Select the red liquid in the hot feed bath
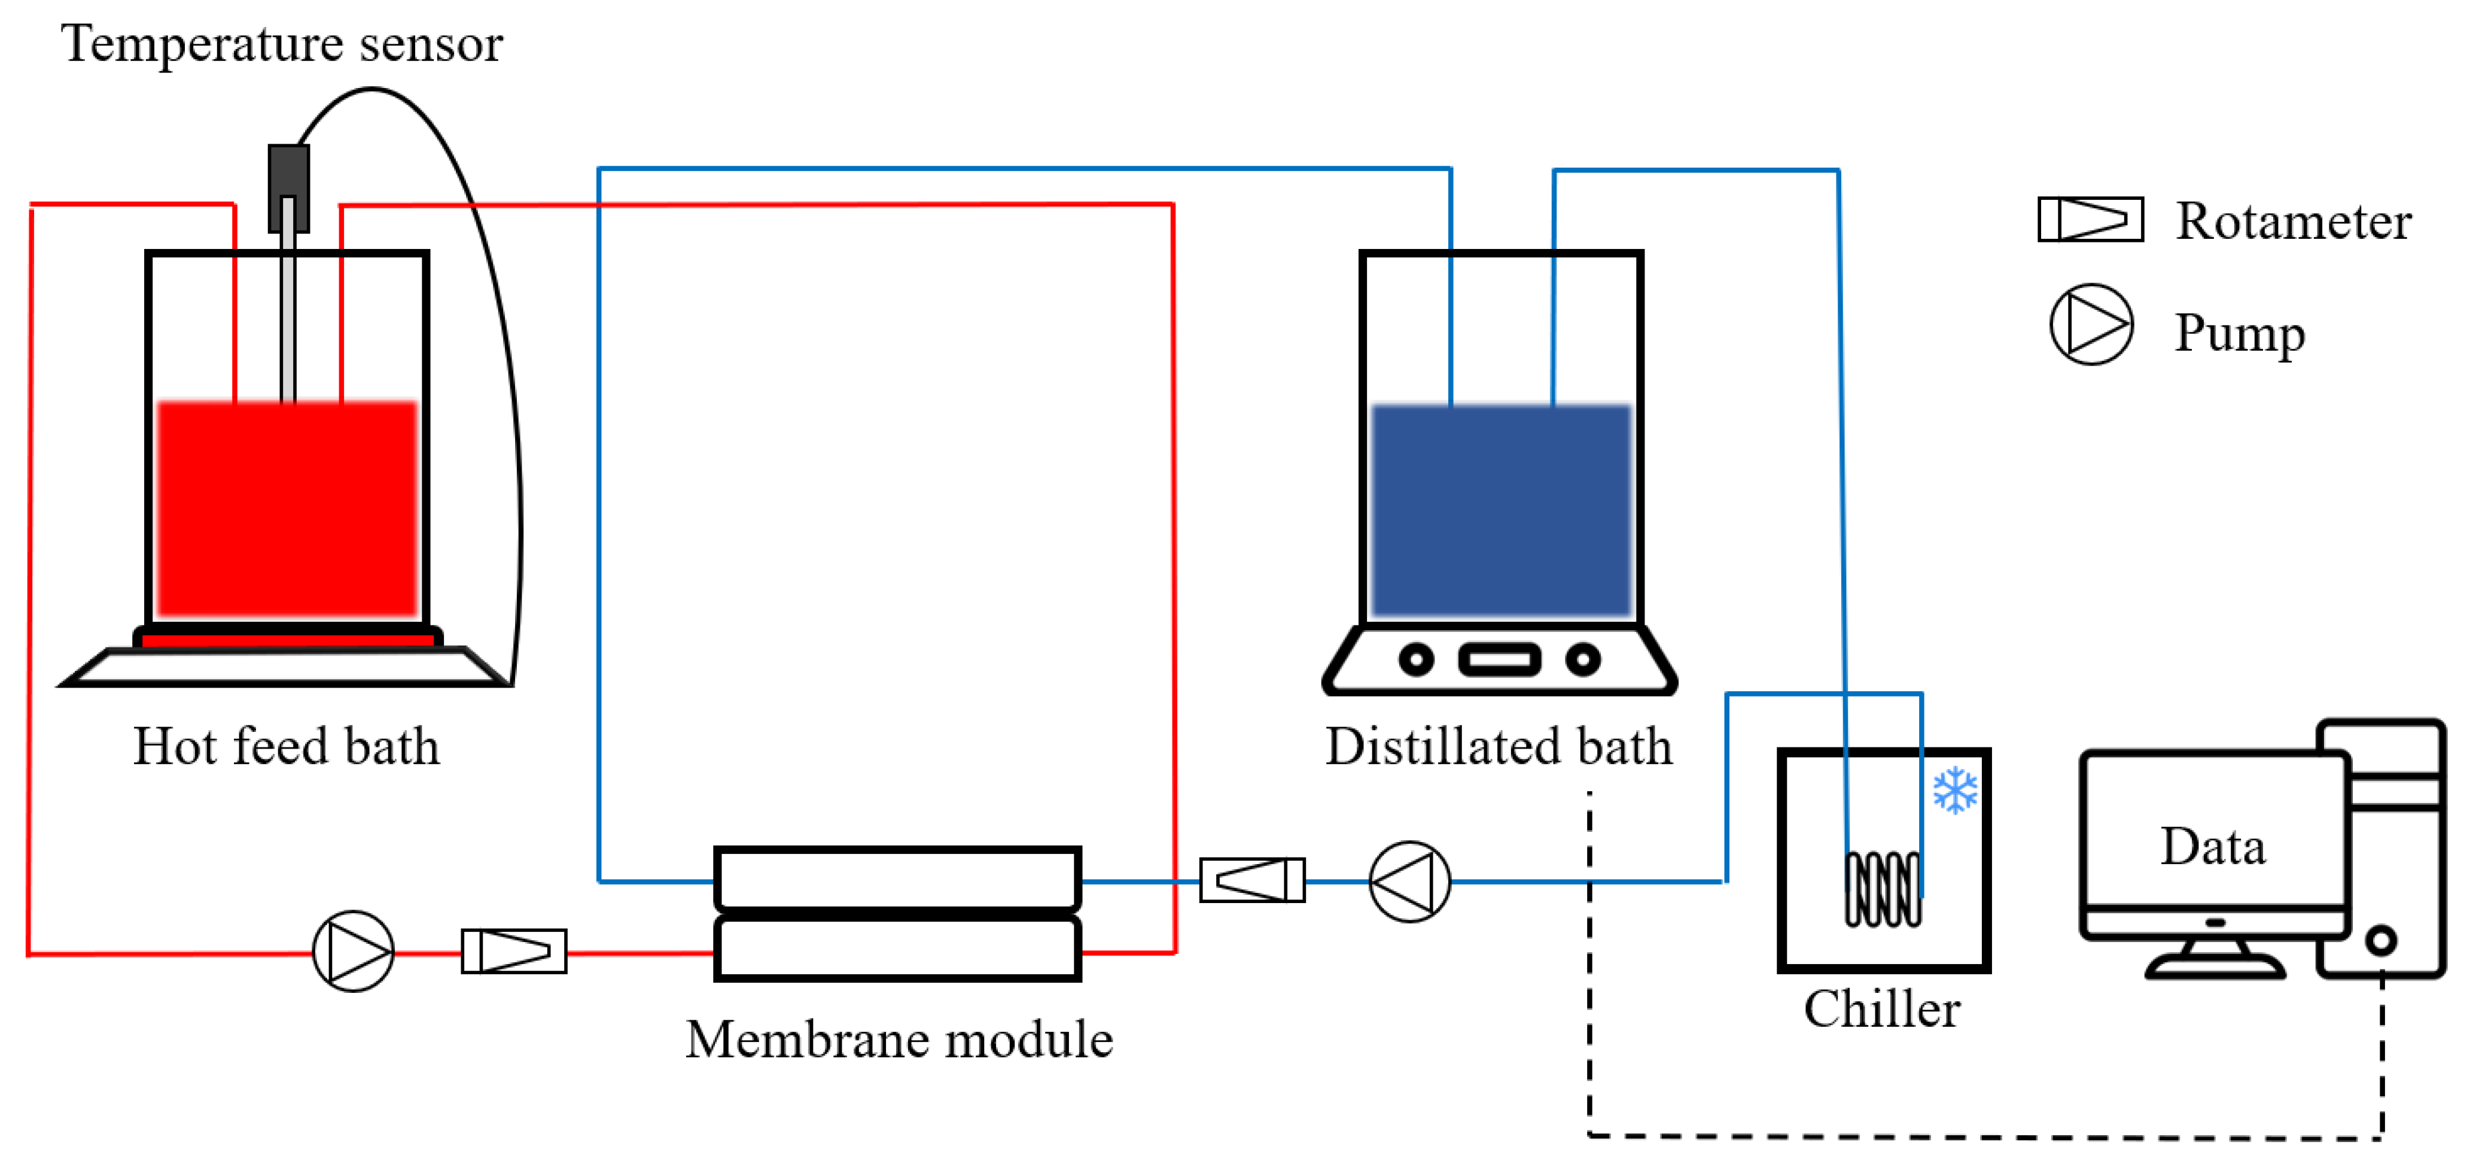(287, 509)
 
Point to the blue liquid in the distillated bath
(1502, 509)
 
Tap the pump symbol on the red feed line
(353, 952)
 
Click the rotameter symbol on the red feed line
(514, 952)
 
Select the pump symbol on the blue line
(1409, 882)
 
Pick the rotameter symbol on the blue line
(1253, 880)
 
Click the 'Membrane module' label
(899, 1039)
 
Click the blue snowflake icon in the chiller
(1955, 790)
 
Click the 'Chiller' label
(1882, 1010)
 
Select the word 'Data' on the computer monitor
(2213, 847)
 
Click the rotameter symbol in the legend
(2091, 219)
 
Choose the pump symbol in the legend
(2091, 324)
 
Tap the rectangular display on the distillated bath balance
(1500, 660)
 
